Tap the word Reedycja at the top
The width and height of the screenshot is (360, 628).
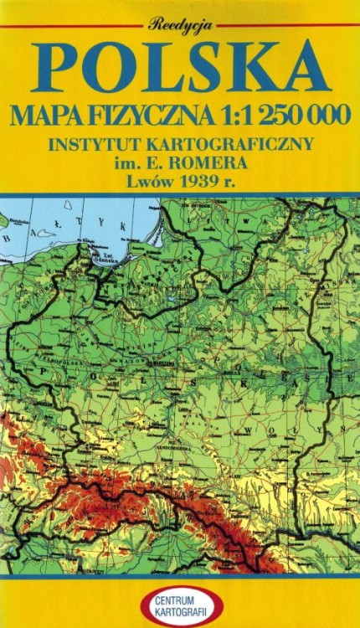(180, 24)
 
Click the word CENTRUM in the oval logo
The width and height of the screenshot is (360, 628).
(180, 600)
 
